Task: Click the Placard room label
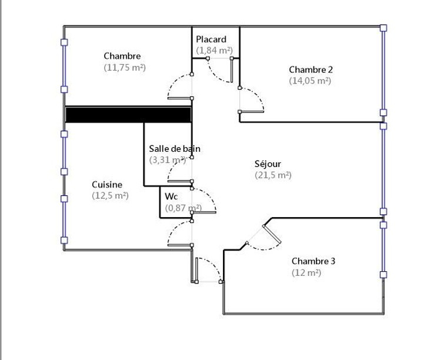[211, 39]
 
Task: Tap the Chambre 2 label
[311, 69]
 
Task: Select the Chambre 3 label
[313, 261]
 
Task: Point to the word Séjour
[268, 164]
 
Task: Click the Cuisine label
[107, 185]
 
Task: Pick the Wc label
[171, 196]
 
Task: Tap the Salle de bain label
[175, 148]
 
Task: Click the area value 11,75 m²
[125, 68]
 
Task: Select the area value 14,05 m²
[310, 81]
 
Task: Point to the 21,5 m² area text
[273, 175]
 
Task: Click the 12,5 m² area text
[110, 196]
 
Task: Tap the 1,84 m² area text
[214, 51]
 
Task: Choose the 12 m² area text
[306, 272]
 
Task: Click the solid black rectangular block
[128, 115]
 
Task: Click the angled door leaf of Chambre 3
[272, 234]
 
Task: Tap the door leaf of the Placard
[232, 70]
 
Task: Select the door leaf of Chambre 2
[252, 112]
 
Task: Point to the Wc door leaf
[204, 212]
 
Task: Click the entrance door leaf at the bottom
[196, 270]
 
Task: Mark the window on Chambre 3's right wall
[383, 249]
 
